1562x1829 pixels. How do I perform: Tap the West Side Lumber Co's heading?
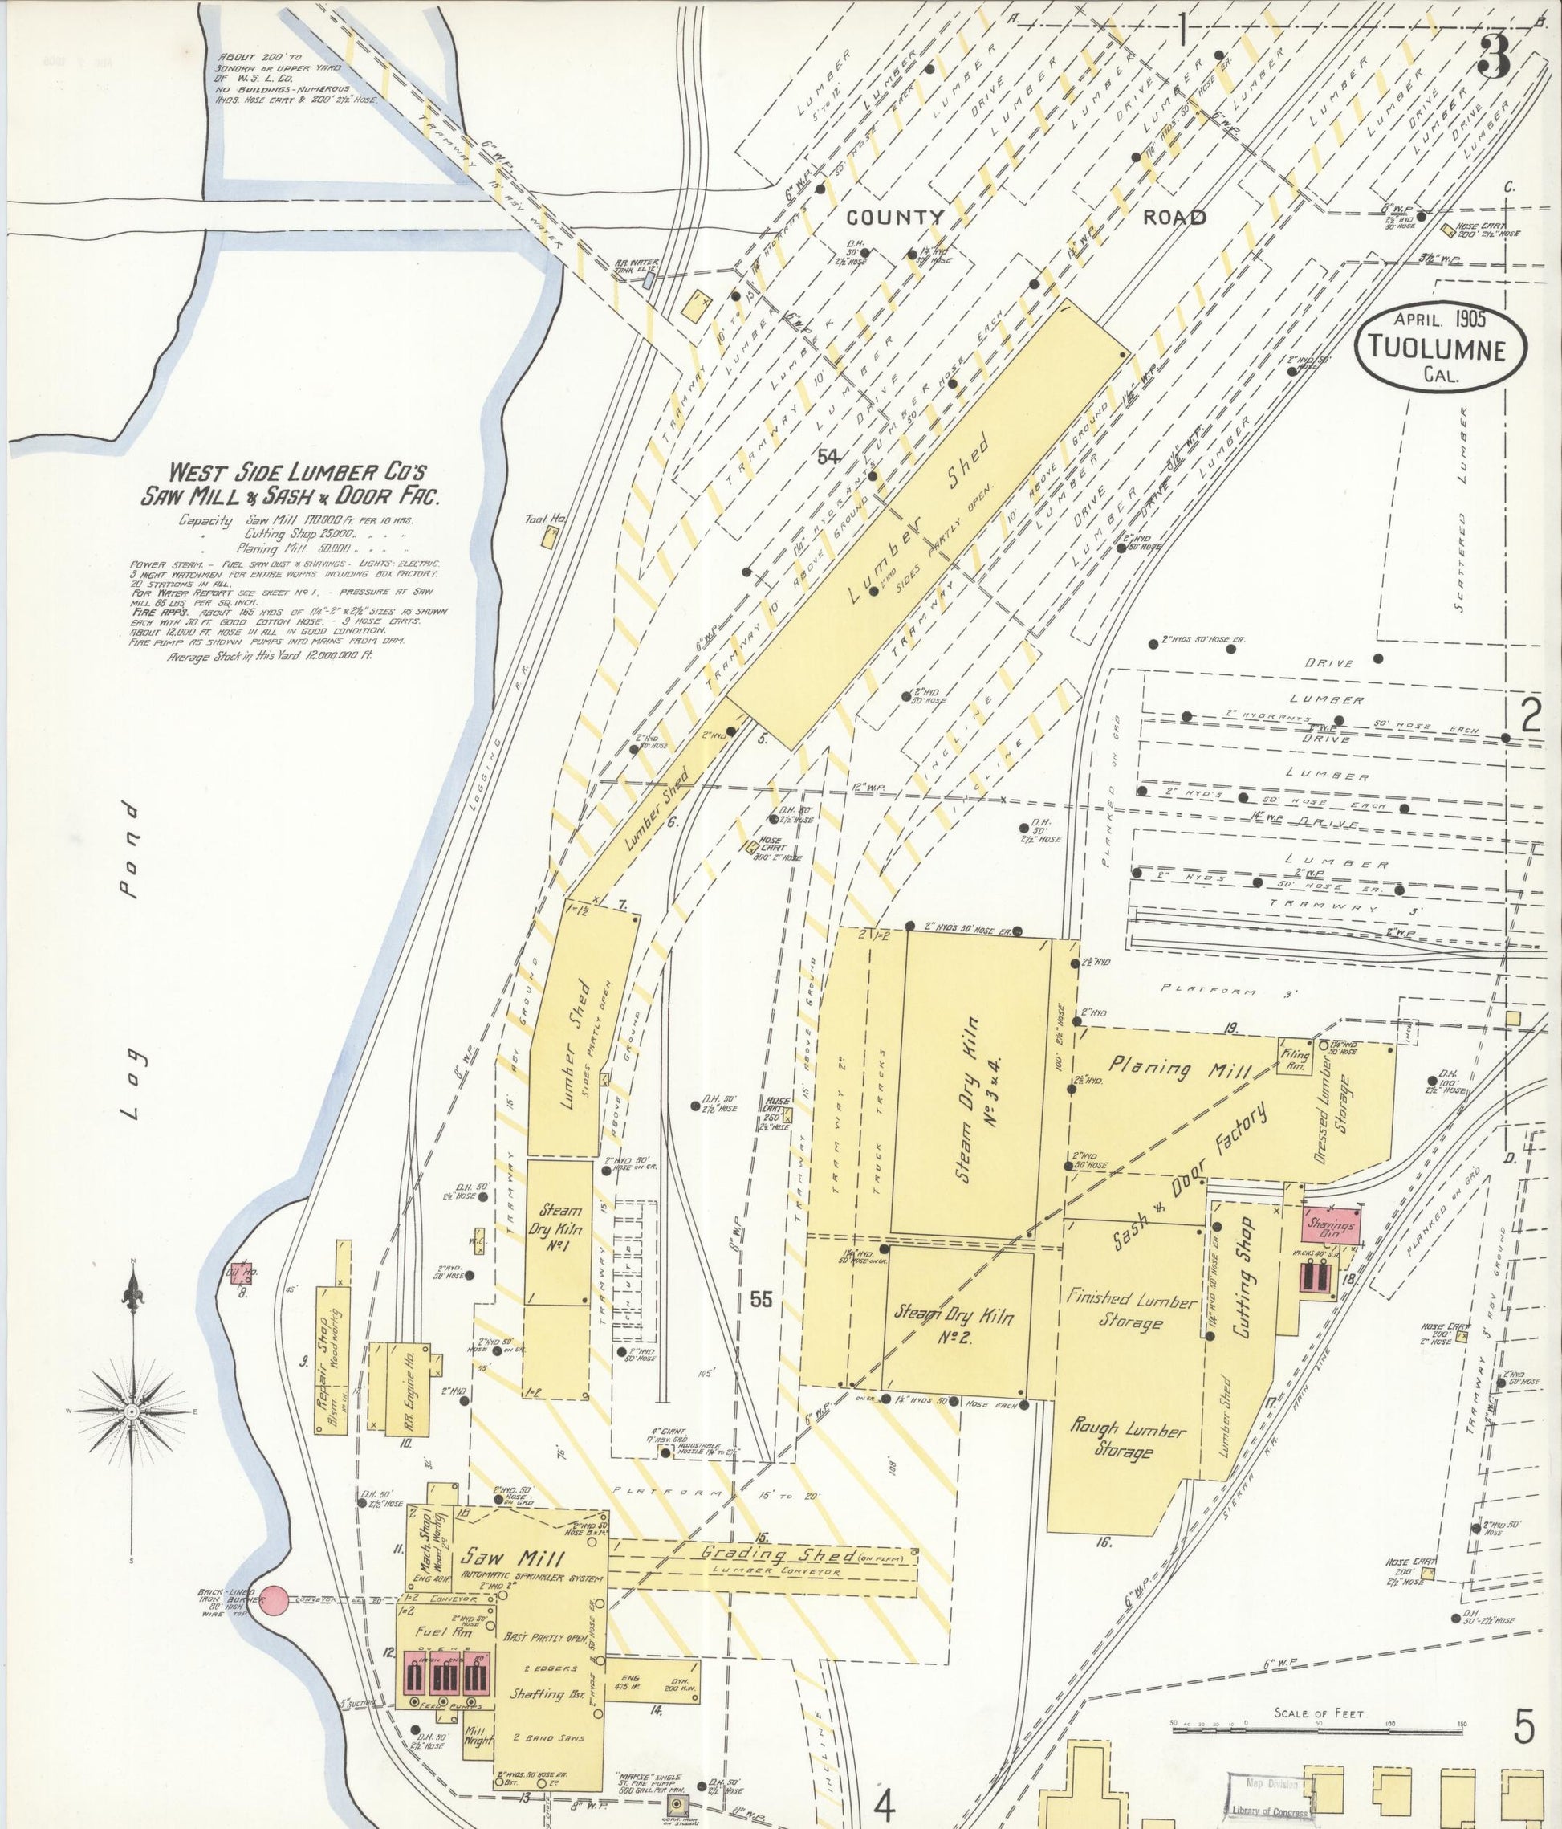click(291, 483)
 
